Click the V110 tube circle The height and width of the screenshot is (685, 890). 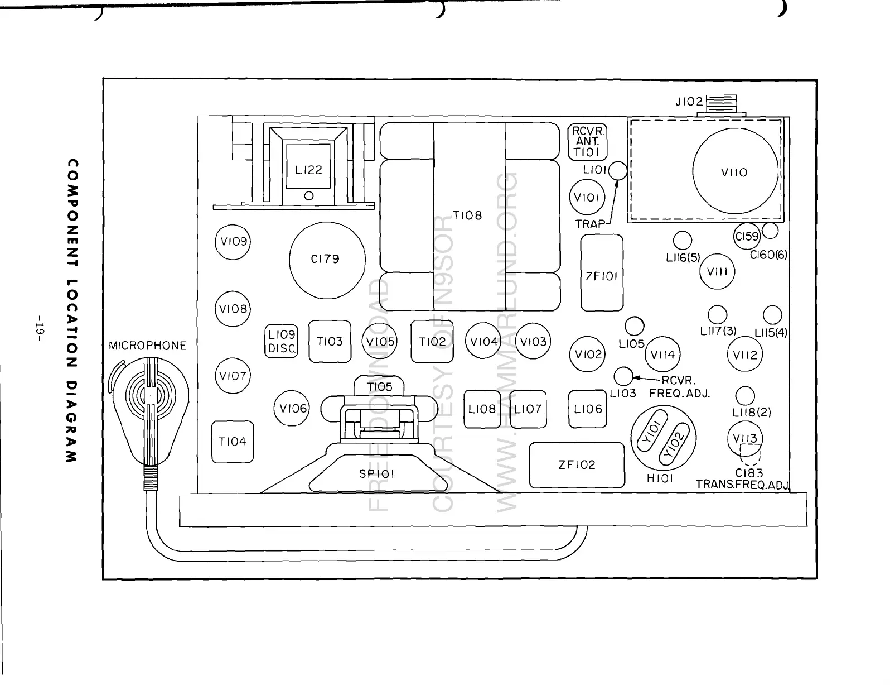[x=735, y=173]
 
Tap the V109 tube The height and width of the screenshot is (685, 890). [x=233, y=242]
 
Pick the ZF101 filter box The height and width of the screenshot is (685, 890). [x=601, y=273]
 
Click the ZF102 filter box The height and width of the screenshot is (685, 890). [x=577, y=465]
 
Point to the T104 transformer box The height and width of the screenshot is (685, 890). [x=233, y=442]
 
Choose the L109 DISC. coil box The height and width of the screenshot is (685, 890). [x=281, y=341]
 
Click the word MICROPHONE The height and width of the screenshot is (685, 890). [x=147, y=346]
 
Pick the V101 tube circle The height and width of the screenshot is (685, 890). [x=587, y=197]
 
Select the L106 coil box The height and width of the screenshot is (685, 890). [x=588, y=409]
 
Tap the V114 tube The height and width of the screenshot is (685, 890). [x=662, y=354]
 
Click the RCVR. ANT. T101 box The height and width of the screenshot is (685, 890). [x=587, y=142]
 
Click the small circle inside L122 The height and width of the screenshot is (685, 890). [x=308, y=196]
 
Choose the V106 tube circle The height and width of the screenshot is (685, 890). [x=293, y=409]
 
